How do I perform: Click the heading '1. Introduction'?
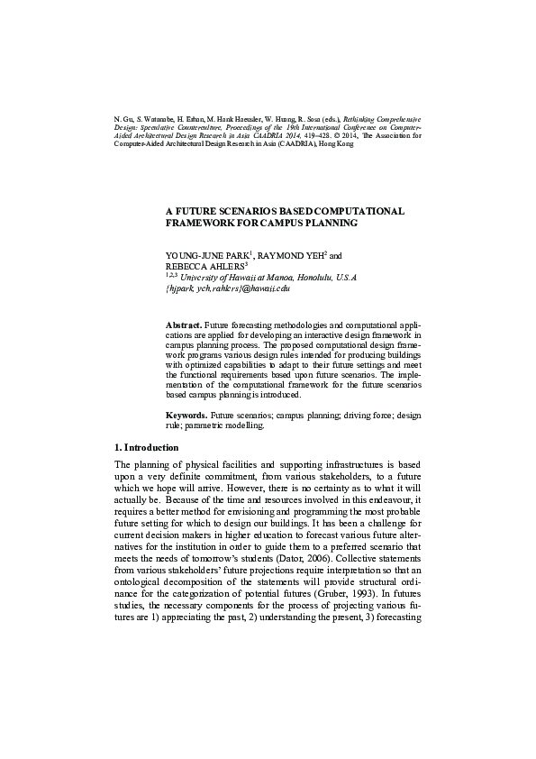point(146,448)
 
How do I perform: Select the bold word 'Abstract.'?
point(183,323)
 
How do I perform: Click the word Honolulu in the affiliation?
point(297,279)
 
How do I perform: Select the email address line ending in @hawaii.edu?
point(228,289)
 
